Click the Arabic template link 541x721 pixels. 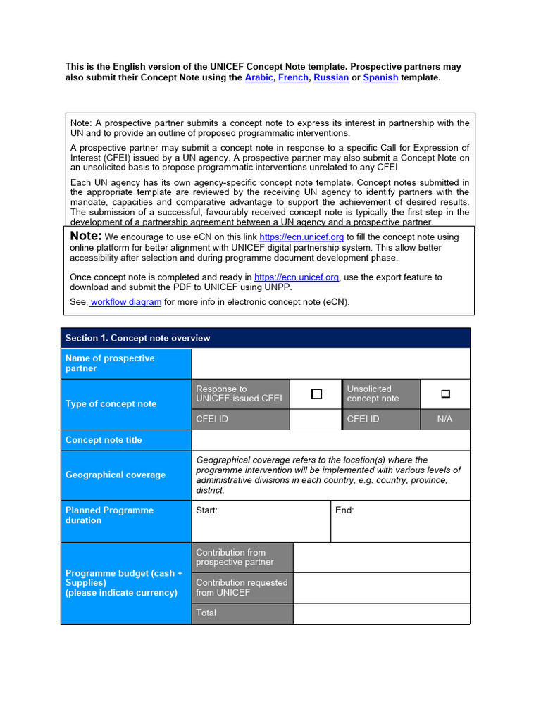pos(259,77)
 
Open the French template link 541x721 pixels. pos(293,77)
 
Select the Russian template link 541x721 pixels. pos(331,77)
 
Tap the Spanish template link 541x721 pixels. pos(380,77)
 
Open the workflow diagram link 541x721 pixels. pos(126,302)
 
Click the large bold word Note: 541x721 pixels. pos(86,237)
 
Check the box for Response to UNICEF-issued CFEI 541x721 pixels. pos(316,394)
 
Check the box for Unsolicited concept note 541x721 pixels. pos(444,394)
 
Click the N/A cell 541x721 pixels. pos(444,419)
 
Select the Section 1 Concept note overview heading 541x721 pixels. pos(138,338)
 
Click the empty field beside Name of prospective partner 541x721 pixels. pos(330,363)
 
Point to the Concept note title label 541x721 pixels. pos(104,440)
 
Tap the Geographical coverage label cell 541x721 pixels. pos(116,475)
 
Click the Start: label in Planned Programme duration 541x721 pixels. pos(207,510)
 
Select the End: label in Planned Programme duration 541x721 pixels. pos(344,510)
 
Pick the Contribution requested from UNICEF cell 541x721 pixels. pos(242,587)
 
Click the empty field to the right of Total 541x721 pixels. pos(381,613)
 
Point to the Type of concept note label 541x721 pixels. pos(111,403)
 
